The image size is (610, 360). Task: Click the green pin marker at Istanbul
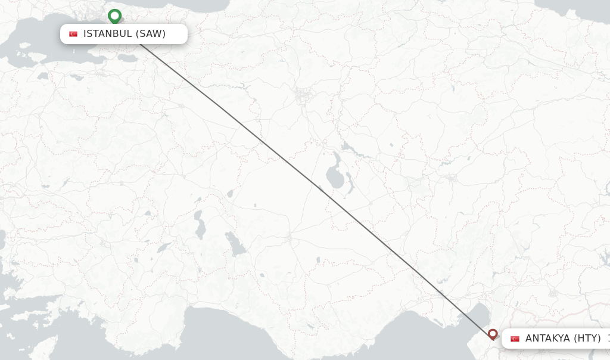(114, 15)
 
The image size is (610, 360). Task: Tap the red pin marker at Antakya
(493, 334)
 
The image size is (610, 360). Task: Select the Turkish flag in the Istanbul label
(73, 34)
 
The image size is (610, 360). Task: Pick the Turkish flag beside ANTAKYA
(515, 339)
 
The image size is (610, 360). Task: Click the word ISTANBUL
(107, 34)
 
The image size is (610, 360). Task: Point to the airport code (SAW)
(151, 34)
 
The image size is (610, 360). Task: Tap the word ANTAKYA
(547, 339)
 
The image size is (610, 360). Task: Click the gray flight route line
(310, 182)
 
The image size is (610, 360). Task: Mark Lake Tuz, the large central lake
(335, 175)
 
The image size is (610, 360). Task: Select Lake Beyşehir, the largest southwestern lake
(235, 244)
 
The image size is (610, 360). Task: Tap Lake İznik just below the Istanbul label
(127, 58)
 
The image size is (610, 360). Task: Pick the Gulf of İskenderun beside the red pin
(477, 316)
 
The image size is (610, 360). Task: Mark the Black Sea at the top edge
(197, 5)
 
